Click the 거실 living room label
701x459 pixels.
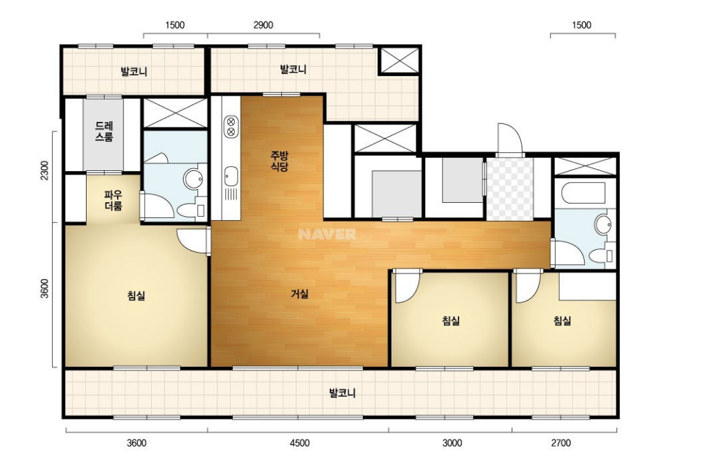coord(299,294)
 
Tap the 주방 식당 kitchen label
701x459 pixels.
coord(279,161)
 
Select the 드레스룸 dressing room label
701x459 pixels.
coord(104,132)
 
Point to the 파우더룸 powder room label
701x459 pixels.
coord(113,201)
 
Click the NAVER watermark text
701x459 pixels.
coord(327,234)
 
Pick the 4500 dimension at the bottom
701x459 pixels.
coord(299,443)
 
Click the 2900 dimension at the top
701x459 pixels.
coord(263,25)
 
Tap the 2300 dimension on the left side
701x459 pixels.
coord(44,170)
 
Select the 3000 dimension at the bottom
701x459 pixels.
coord(452,443)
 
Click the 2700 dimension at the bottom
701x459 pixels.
coord(560,443)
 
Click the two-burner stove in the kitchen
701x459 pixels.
coord(231,126)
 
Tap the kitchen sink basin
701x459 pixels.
coord(231,176)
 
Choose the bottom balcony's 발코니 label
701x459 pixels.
coord(342,393)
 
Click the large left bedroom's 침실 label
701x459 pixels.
coord(136,296)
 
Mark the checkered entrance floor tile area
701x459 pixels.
coord(510,189)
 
